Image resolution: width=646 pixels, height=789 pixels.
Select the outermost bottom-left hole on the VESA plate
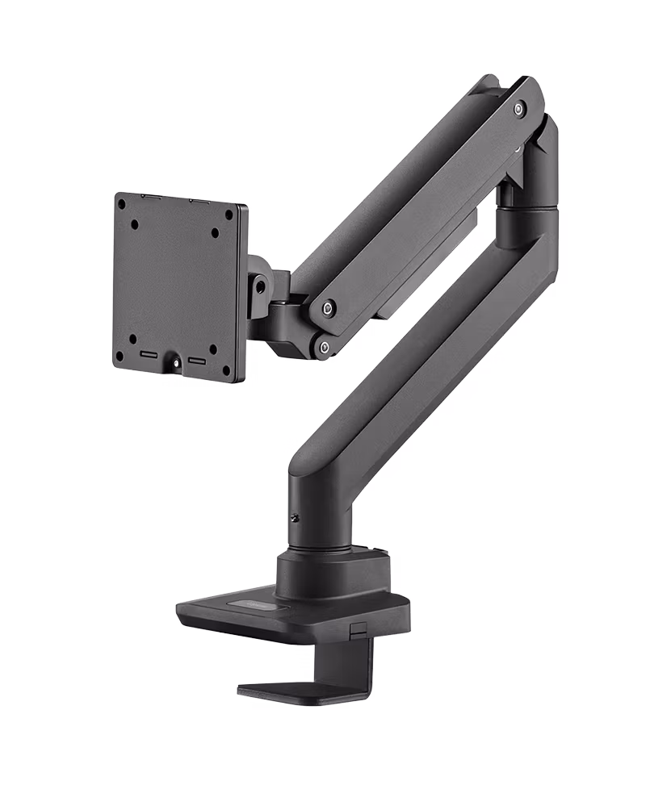click(120, 355)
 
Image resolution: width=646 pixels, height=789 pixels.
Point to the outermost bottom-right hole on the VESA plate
click(227, 373)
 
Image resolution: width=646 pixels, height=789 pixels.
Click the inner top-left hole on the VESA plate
click(135, 225)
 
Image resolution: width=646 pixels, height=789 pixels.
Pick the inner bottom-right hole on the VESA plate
click(213, 349)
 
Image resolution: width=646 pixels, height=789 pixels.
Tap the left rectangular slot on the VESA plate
click(151, 354)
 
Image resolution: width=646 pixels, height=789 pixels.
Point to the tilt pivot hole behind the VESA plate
click(259, 283)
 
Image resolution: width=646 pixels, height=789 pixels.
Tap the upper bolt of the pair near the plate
click(328, 307)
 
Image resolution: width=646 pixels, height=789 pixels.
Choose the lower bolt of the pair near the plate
click(324, 348)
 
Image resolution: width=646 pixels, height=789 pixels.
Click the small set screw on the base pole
click(295, 517)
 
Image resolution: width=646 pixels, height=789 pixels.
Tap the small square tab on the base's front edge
click(357, 628)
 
